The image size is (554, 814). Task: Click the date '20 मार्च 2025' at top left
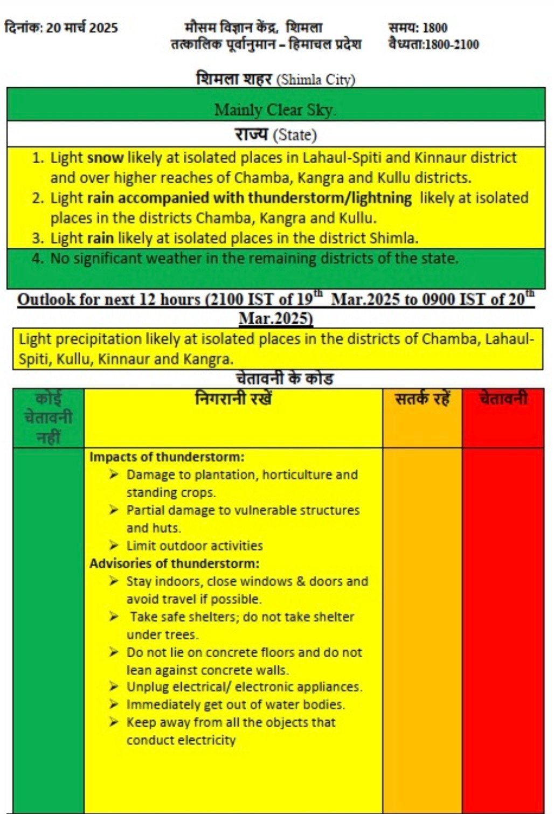[x=82, y=27]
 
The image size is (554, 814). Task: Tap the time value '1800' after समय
[x=434, y=27]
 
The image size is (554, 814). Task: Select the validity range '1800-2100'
[x=452, y=44]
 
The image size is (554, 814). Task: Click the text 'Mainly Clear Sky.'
[x=275, y=110]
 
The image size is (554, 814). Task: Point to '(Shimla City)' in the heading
[x=315, y=80]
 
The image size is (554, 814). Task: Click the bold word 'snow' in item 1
[x=105, y=158]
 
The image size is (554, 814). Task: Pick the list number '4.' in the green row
[x=37, y=258]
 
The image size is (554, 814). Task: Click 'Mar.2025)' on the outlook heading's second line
[x=275, y=318]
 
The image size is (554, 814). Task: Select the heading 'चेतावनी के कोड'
[x=285, y=379]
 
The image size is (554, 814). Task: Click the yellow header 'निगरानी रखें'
[x=233, y=399]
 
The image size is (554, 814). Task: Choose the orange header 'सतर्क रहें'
[x=422, y=399]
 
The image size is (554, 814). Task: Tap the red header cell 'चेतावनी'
[x=503, y=399]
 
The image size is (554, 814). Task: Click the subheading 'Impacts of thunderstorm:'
[x=167, y=457]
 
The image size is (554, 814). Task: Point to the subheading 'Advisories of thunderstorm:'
[x=174, y=563]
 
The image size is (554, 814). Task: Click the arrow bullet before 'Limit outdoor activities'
[x=113, y=545]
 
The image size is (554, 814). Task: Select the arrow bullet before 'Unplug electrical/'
[x=113, y=686]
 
